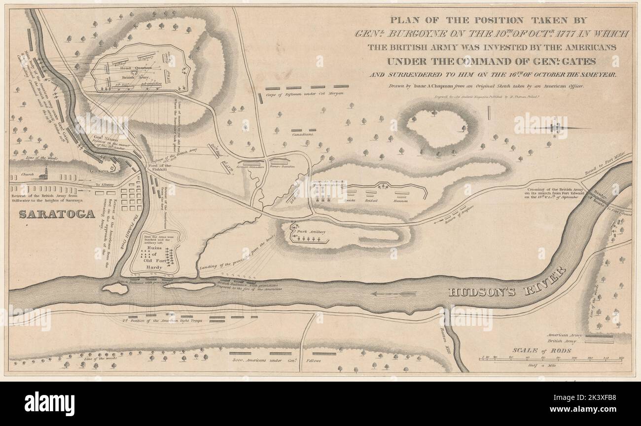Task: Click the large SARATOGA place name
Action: tap(57, 214)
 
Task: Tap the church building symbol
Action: tap(45, 174)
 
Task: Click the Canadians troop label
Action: tap(302, 134)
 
